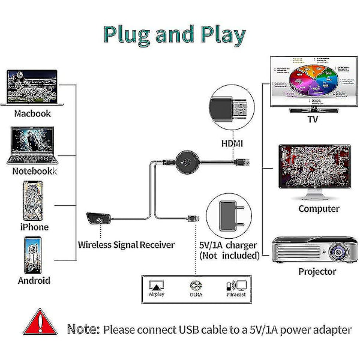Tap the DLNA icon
point(194,286)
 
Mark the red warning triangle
point(41,322)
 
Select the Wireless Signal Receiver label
point(126,244)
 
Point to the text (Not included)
point(229,256)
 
